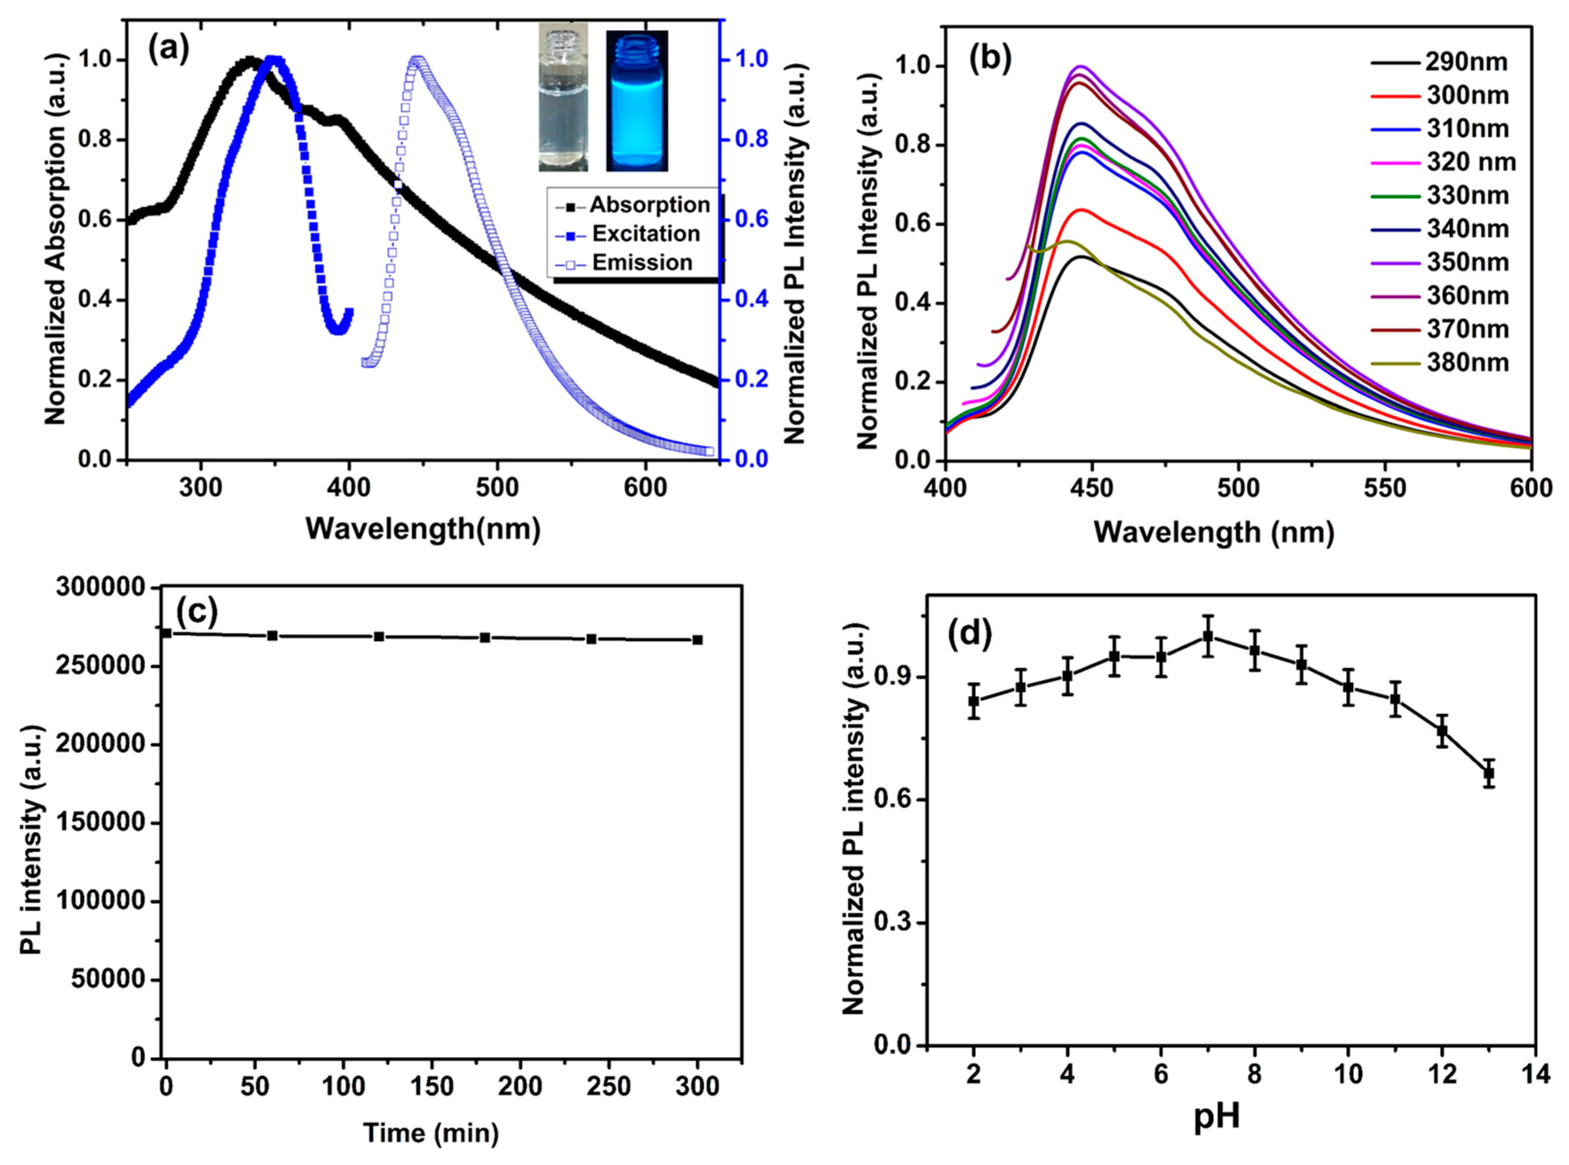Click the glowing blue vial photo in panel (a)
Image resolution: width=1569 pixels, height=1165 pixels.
tap(636, 100)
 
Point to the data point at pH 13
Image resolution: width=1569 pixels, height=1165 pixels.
tap(1489, 774)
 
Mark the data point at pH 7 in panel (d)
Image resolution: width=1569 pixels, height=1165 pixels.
tap(1208, 636)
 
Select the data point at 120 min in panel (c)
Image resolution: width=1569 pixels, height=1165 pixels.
tap(379, 636)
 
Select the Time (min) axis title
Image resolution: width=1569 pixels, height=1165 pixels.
tap(431, 1134)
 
